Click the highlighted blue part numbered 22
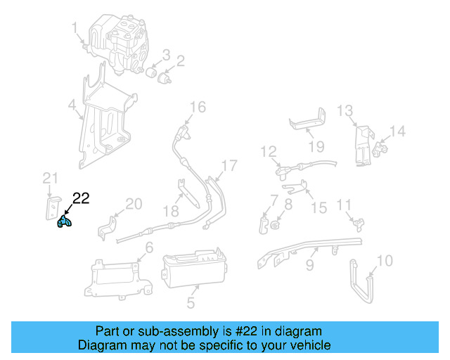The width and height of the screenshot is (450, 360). (x=64, y=223)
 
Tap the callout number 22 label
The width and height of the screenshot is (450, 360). (x=81, y=199)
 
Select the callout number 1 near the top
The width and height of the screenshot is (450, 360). (x=75, y=28)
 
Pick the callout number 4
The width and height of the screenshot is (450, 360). (x=72, y=106)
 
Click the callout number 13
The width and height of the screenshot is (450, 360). (x=344, y=110)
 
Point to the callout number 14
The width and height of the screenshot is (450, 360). (x=398, y=131)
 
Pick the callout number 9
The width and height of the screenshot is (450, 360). (x=309, y=266)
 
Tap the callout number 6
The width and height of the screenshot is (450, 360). (x=149, y=247)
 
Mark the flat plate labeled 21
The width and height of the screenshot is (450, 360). (x=51, y=207)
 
